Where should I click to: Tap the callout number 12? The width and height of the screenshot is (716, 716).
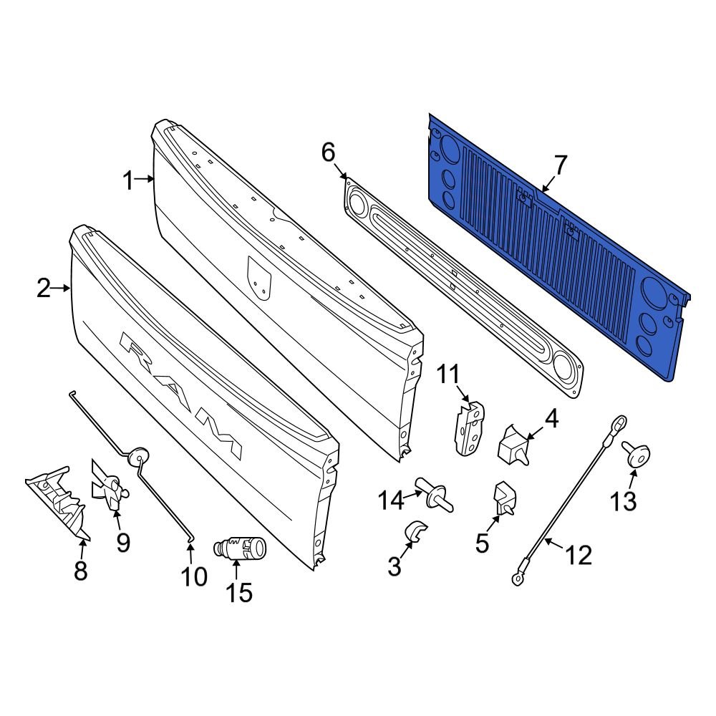click(579, 553)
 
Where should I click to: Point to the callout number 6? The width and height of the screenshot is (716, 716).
click(328, 153)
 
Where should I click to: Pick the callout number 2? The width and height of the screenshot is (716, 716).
click(44, 289)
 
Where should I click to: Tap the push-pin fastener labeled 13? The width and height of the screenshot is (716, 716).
click(635, 453)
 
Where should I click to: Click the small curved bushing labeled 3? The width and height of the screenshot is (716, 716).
click(415, 531)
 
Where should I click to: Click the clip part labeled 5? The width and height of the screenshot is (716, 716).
click(504, 497)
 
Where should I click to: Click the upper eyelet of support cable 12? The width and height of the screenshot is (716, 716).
click(621, 424)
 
